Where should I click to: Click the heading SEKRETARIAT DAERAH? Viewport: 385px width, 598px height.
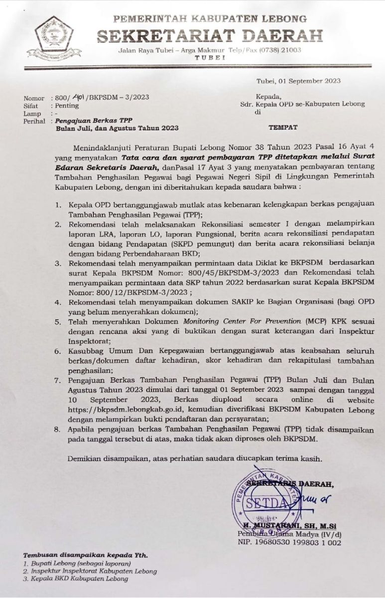click(x=210, y=35)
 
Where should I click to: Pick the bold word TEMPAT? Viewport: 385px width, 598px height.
click(x=283, y=128)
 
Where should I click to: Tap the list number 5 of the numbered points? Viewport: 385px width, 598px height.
click(x=58, y=322)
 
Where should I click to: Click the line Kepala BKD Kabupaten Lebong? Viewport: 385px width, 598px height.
click(x=80, y=579)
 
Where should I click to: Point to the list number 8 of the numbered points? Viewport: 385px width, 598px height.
click(x=58, y=429)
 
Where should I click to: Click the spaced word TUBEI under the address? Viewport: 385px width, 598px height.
click(x=209, y=58)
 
